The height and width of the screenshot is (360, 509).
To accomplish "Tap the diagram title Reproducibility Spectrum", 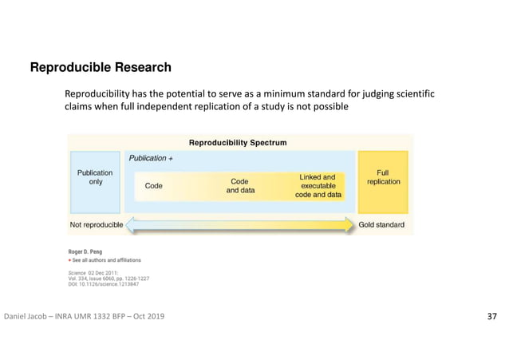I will [x=238, y=143].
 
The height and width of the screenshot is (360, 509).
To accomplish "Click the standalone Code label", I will [x=154, y=186].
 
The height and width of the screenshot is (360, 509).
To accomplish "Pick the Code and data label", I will [x=240, y=186].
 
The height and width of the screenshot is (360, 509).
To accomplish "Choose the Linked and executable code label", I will [x=318, y=186].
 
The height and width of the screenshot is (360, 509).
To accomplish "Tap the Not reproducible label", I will [x=97, y=225].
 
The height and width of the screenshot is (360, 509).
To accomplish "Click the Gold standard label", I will [x=381, y=225].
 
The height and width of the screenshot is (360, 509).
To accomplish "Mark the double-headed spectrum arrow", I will [x=239, y=226].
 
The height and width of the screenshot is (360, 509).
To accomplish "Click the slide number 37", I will [x=491, y=318].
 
